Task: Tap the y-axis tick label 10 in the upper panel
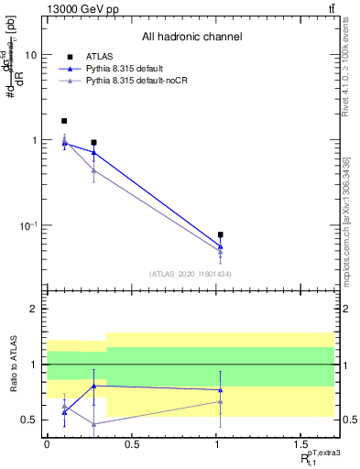(30, 55)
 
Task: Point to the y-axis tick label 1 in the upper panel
(33, 140)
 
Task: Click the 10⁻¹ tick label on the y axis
(28, 225)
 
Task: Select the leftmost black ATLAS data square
(64, 121)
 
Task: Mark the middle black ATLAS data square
(93, 143)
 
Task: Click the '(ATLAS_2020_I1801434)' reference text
(191, 274)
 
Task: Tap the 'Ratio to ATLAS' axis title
(13, 364)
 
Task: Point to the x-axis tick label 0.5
(133, 446)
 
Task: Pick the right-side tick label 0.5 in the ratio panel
(348, 420)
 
